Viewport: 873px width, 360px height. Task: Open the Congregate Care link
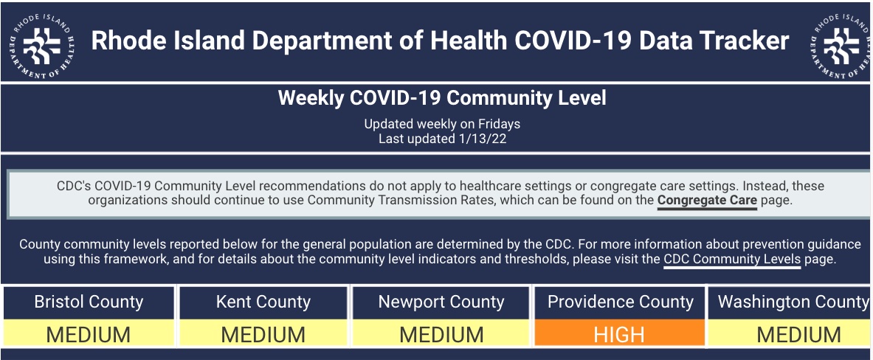[x=707, y=201]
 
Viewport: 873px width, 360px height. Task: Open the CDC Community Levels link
[x=732, y=259]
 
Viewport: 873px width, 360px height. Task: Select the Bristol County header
[x=89, y=302]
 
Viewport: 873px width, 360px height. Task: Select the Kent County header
[x=263, y=302]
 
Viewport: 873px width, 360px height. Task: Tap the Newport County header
[x=441, y=302]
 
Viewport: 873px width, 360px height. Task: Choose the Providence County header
[x=620, y=302]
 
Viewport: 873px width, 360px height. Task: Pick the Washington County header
[x=791, y=302]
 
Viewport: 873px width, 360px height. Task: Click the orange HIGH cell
[x=619, y=333]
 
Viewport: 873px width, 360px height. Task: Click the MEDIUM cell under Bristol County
[x=89, y=333]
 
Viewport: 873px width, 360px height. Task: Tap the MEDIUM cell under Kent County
[x=263, y=333]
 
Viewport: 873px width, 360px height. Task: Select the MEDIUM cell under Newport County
[x=441, y=333]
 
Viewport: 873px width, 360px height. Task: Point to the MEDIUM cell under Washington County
[x=791, y=333]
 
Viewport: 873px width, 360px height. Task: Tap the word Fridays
[x=499, y=123]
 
